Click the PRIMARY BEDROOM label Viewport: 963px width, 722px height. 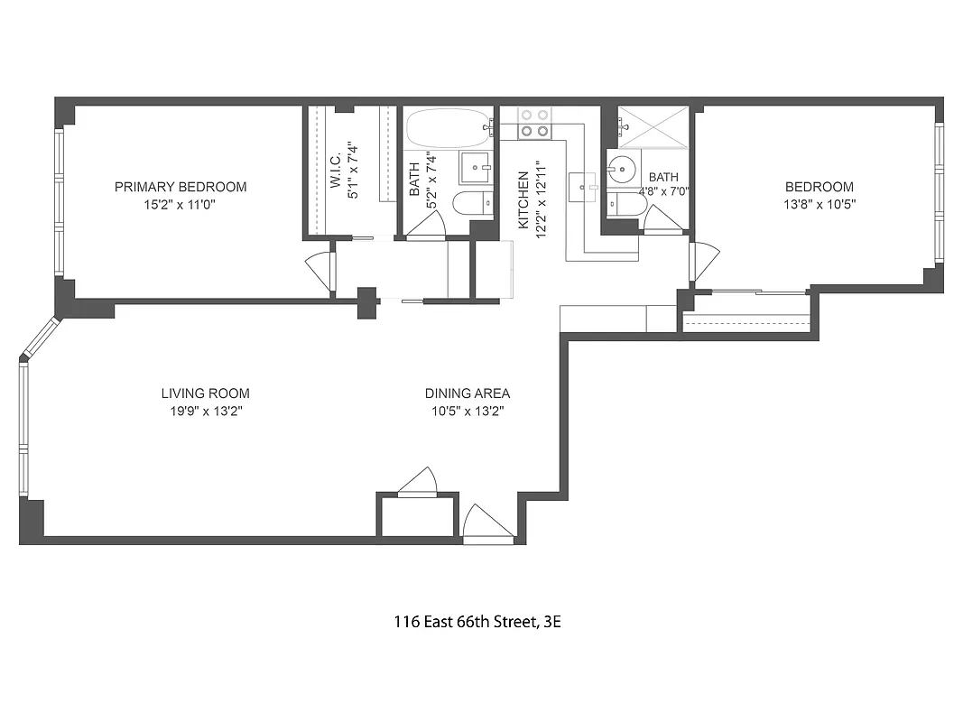tap(180, 187)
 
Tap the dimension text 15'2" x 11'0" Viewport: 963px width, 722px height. tap(180, 205)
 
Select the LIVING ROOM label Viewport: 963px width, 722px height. tap(205, 393)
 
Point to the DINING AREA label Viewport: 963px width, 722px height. tap(467, 393)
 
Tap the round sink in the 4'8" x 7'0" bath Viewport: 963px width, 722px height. tap(620, 169)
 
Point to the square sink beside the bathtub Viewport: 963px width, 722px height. tap(475, 167)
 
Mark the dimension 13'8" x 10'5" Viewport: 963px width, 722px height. tap(819, 205)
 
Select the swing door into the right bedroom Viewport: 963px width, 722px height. tap(704, 262)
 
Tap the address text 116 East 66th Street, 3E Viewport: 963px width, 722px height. tap(477, 622)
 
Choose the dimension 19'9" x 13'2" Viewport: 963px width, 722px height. tap(205, 411)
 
